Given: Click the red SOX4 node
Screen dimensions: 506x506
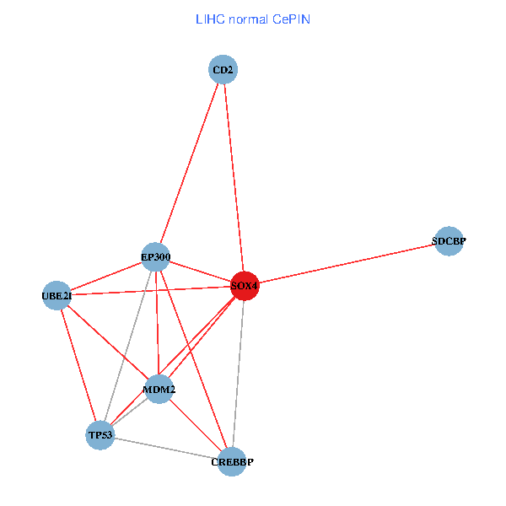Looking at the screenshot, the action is coord(245,286).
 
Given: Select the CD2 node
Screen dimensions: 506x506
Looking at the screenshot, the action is coord(223,69).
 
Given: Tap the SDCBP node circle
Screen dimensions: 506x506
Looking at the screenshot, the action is coord(449,241).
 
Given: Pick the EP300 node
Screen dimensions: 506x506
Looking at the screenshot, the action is coord(155,257).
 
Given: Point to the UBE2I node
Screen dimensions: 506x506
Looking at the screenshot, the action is coord(57,296).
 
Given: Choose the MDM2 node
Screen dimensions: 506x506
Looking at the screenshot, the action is coord(159,389).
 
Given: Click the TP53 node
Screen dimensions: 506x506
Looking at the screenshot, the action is coord(100,435).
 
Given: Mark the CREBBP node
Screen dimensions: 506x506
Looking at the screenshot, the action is coord(232,462).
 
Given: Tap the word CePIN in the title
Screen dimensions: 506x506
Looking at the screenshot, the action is coord(291,19).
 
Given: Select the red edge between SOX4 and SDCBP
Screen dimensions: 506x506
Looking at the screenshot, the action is coord(347,263).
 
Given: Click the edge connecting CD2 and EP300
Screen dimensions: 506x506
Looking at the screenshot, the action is coord(190,164).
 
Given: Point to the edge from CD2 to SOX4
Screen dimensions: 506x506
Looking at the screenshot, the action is coord(234,177).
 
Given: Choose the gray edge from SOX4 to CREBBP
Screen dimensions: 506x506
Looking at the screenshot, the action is coord(239,374).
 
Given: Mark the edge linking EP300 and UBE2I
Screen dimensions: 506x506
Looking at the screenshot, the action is coord(106,277).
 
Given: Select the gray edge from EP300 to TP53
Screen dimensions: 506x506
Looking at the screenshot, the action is coord(128,346).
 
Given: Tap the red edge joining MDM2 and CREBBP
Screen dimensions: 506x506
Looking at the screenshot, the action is coord(196,426).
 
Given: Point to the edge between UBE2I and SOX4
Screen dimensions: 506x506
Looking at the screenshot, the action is coord(151,291).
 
